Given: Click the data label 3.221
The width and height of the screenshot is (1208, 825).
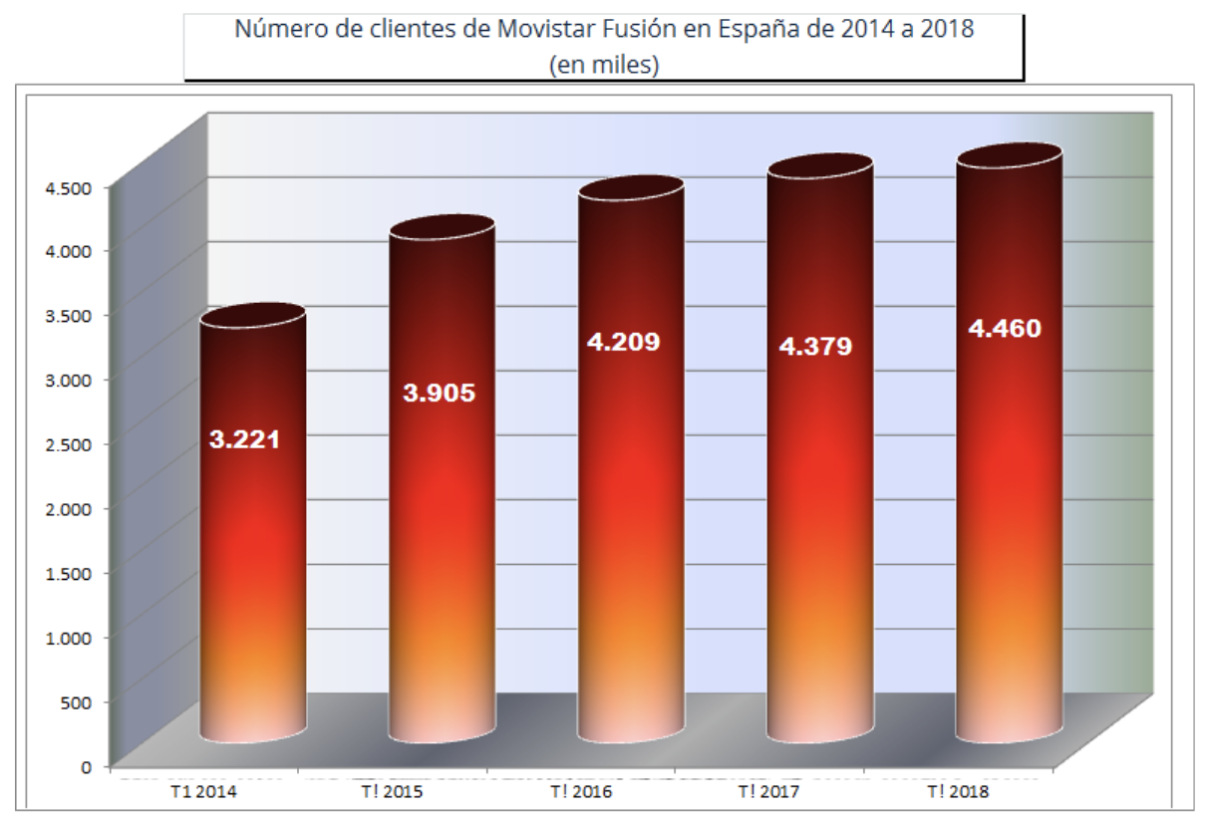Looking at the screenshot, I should [x=244, y=438].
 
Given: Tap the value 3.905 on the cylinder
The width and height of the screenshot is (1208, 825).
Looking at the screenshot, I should [x=439, y=393].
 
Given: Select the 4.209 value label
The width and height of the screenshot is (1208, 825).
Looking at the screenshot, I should [x=623, y=343].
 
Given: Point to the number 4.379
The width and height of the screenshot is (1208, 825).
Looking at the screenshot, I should [x=815, y=347].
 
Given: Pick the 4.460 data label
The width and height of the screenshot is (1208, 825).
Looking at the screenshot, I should [x=1005, y=328].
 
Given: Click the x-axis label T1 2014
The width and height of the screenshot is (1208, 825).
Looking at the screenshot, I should [x=204, y=793].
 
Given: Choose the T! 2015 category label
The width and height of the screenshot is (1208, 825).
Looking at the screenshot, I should [x=393, y=793].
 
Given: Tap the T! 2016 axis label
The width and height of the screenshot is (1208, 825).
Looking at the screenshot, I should [x=582, y=793].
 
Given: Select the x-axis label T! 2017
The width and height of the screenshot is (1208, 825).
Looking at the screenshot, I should [x=770, y=793].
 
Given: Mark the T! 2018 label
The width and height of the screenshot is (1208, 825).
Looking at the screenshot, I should [x=960, y=793].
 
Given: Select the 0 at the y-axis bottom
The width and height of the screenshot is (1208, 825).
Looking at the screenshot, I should [x=87, y=766].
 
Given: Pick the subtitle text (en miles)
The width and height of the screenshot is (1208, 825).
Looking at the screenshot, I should [x=604, y=66].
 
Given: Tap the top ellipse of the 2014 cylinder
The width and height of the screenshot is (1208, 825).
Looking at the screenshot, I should [x=252, y=315].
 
